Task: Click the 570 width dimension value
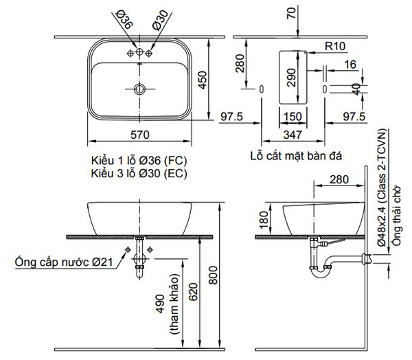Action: [140, 135]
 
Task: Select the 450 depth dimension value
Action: [203, 80]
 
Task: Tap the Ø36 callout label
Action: [124, 19]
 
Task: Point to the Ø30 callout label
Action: [160, 20]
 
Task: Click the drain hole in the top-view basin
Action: [139, 89]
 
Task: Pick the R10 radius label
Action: [335, 46]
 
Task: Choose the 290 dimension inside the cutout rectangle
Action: [291, 78]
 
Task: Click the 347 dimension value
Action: [293, 135]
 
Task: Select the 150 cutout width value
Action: [293, 117]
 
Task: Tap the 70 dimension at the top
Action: [291, 13]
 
